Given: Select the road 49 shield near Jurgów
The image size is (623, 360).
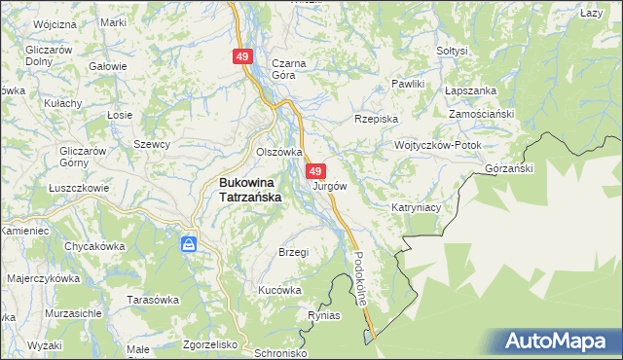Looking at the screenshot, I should [316, 170].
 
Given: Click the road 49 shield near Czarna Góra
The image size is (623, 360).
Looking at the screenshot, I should [242, 57].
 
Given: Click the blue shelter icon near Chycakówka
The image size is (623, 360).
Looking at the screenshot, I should [190, 242].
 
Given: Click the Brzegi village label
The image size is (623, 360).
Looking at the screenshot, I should [293, 252].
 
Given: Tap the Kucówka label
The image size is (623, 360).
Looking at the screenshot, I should [279, 290].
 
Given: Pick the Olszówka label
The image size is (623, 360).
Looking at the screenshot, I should [279, 152].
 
